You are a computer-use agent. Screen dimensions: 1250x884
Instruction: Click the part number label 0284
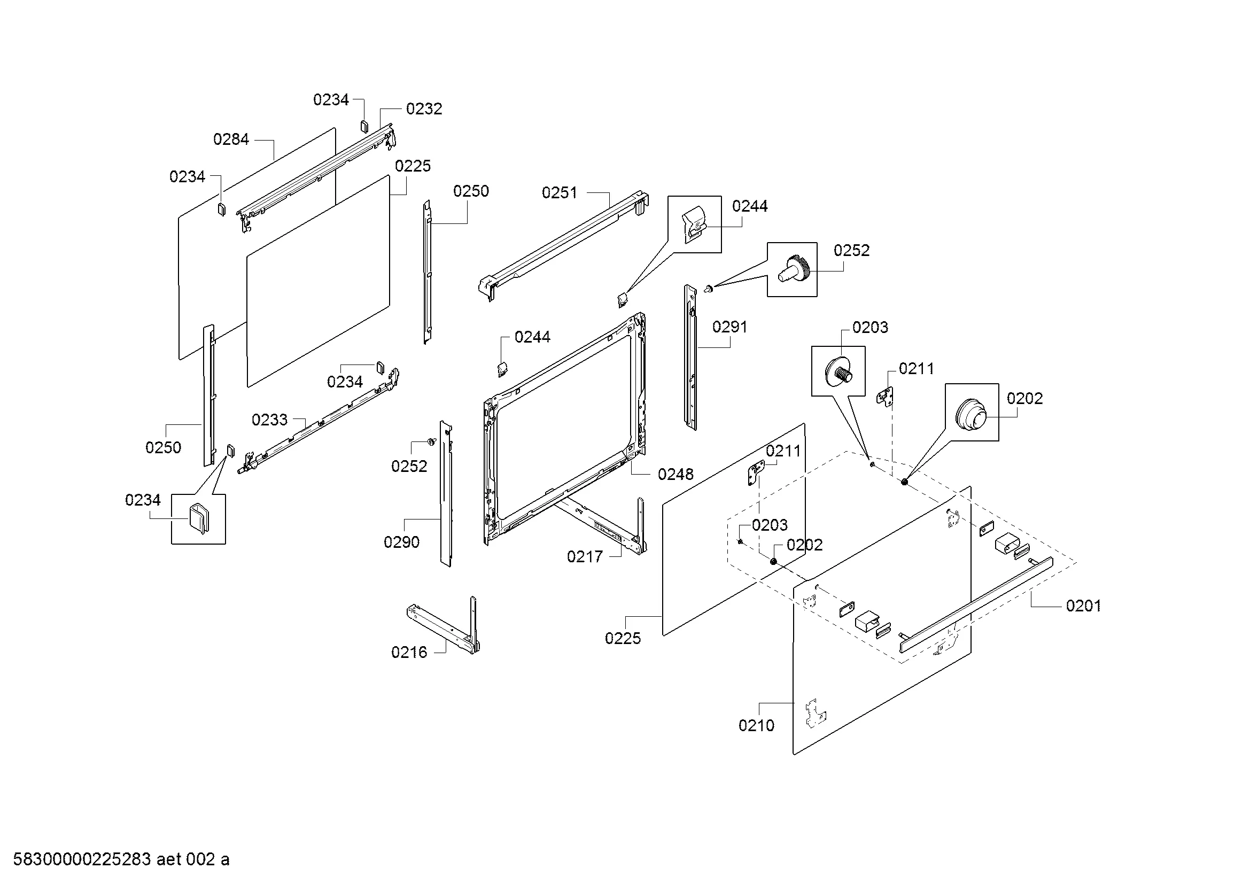coord(231,139)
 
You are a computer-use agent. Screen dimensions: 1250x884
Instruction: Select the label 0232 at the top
coord(424,109)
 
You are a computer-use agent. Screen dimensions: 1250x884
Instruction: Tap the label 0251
coord(559,193)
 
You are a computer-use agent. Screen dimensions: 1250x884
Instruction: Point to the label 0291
coord(729,327)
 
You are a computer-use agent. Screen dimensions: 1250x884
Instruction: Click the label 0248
coord(676,475)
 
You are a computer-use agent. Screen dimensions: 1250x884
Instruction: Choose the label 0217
coord(585,557)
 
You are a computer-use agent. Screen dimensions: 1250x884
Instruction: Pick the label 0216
coord(409,653)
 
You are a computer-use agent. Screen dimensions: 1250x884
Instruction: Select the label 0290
coord(401,542)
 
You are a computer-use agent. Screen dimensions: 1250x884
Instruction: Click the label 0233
coord(269,420)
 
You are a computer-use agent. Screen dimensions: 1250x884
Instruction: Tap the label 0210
coord(756,726)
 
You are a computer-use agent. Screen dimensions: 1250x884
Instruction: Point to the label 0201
coord(1083,606)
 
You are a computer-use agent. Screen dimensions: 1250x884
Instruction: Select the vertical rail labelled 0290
coord(446,494)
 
